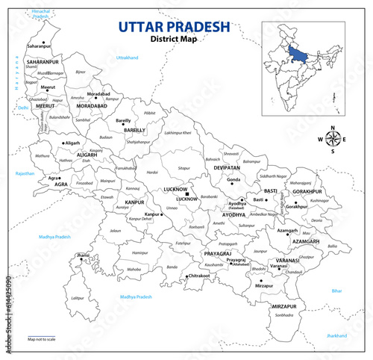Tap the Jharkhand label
336,336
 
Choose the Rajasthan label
24,173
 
